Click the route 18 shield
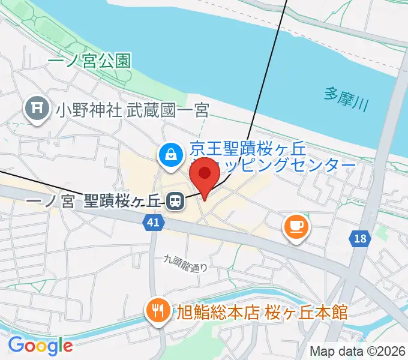[359, 239]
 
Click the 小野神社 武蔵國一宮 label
[132, 110]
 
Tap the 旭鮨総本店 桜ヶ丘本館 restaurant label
[261, 312]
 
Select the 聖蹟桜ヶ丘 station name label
[123, 202]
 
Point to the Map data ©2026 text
[358, 351]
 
